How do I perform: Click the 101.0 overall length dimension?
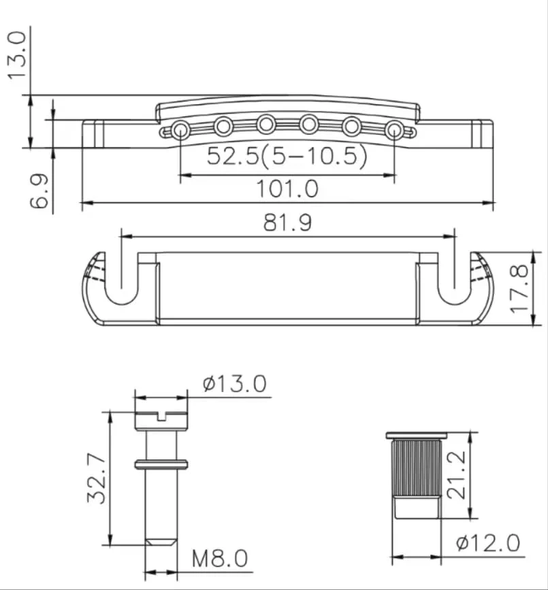(287, 189)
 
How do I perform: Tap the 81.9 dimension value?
(287, 223)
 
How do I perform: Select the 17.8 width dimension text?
(519, 289)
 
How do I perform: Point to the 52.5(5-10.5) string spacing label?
(287, 156)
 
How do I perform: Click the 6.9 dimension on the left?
(39, 191)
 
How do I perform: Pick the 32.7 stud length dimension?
(97, 478)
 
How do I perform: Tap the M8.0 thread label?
(220, 559)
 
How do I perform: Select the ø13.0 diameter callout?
(234, 384)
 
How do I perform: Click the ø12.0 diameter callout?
(488, 543)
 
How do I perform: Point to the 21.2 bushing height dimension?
(456, 475)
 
